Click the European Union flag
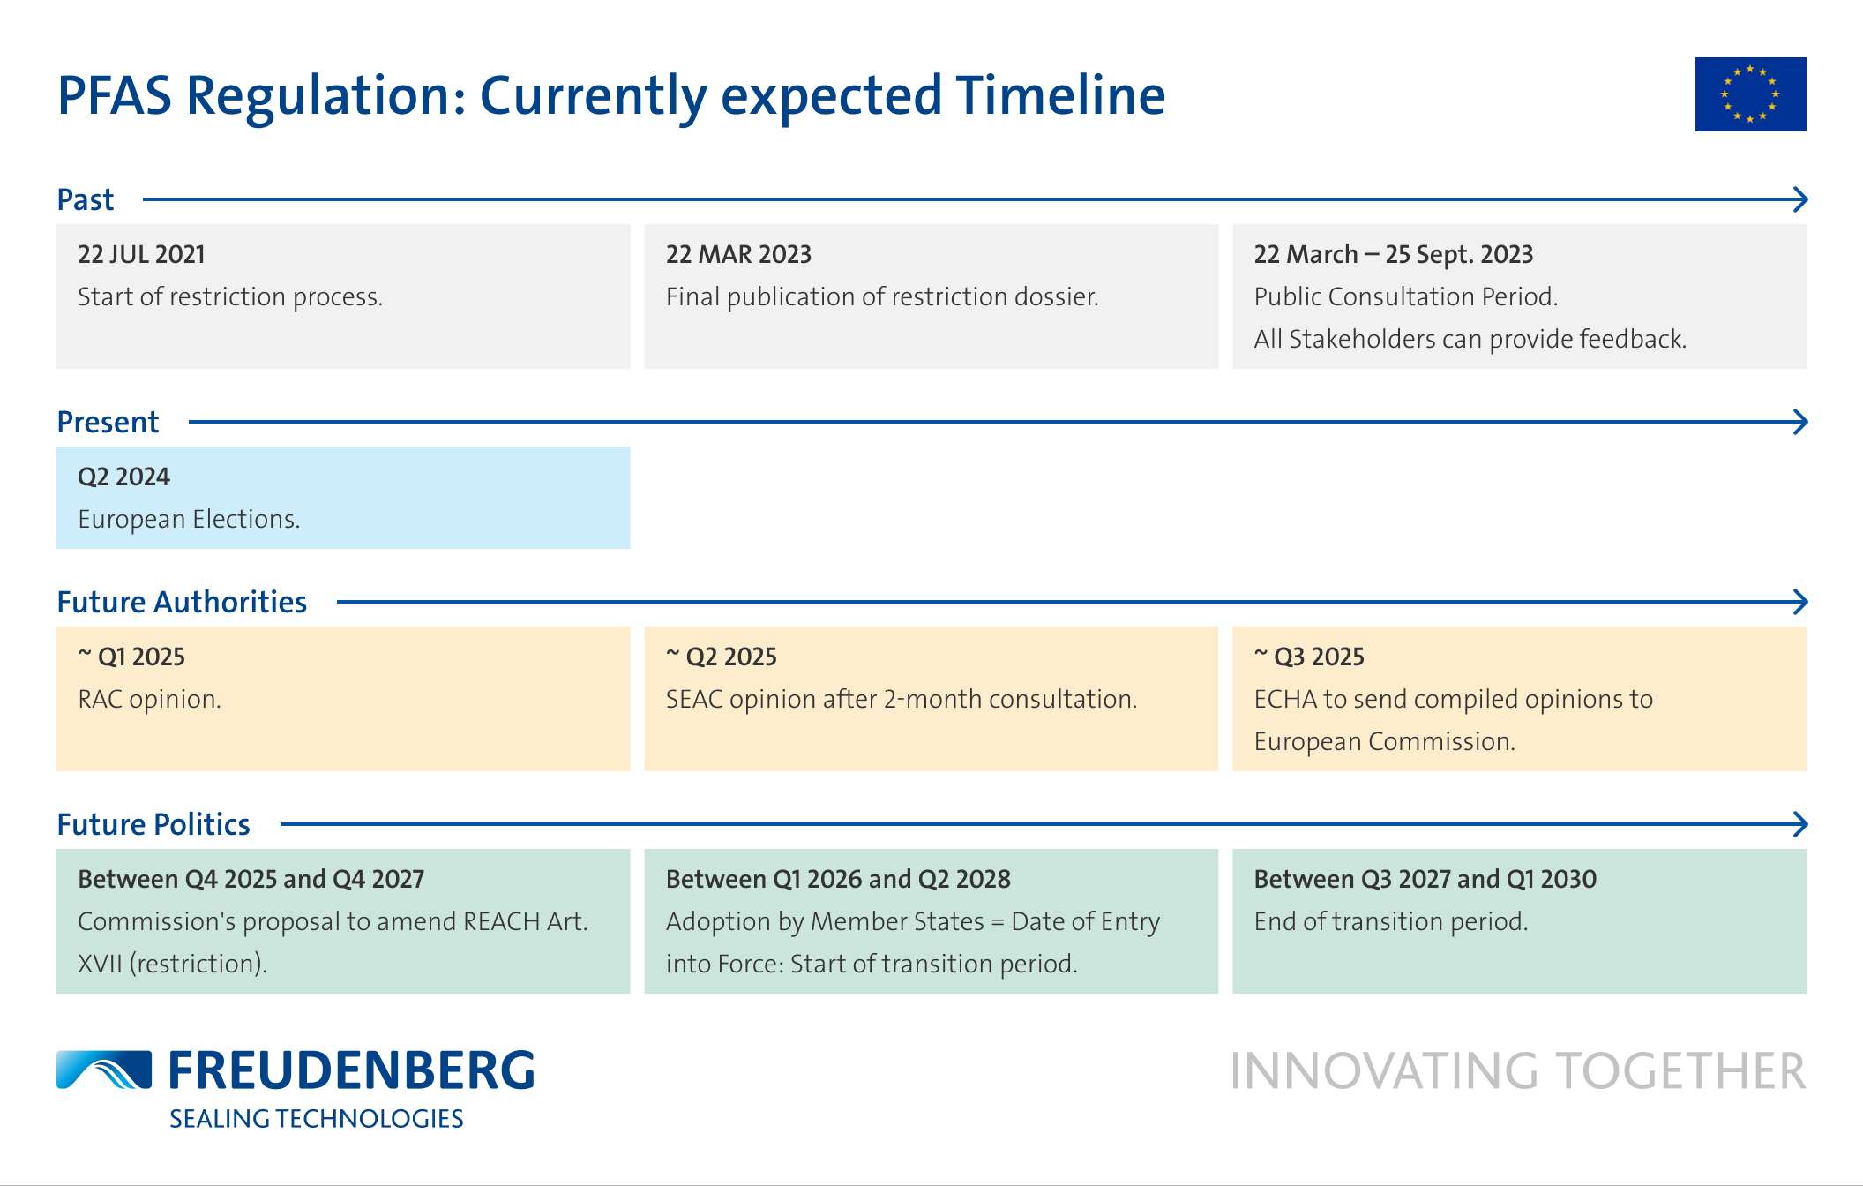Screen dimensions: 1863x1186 click(1750, 94)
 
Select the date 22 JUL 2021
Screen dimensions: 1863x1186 click(141, 254)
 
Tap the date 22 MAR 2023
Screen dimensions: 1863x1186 click(738, 254)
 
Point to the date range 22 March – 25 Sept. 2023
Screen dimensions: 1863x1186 click(1394, 254)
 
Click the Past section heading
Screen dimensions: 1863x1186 click(86, 199)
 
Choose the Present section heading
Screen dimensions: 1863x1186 click(108, 422)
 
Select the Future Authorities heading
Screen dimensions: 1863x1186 click(182, 602)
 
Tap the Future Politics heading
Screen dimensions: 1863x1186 click(153, 824)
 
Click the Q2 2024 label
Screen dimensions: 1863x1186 click(123, 477)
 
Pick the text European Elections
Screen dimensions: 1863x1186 click(189, 519)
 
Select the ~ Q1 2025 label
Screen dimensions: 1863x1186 click(131, 657)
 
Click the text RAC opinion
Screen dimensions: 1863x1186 click(149, 699)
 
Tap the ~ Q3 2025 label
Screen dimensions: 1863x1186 click(1309, 657)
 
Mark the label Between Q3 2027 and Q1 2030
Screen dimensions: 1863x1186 click(1425, 879)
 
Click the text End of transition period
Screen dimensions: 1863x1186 click(1391, 921)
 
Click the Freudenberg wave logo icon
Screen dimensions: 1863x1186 click(104, 1070)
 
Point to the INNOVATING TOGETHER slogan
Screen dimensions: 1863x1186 click(1518, 1071)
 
